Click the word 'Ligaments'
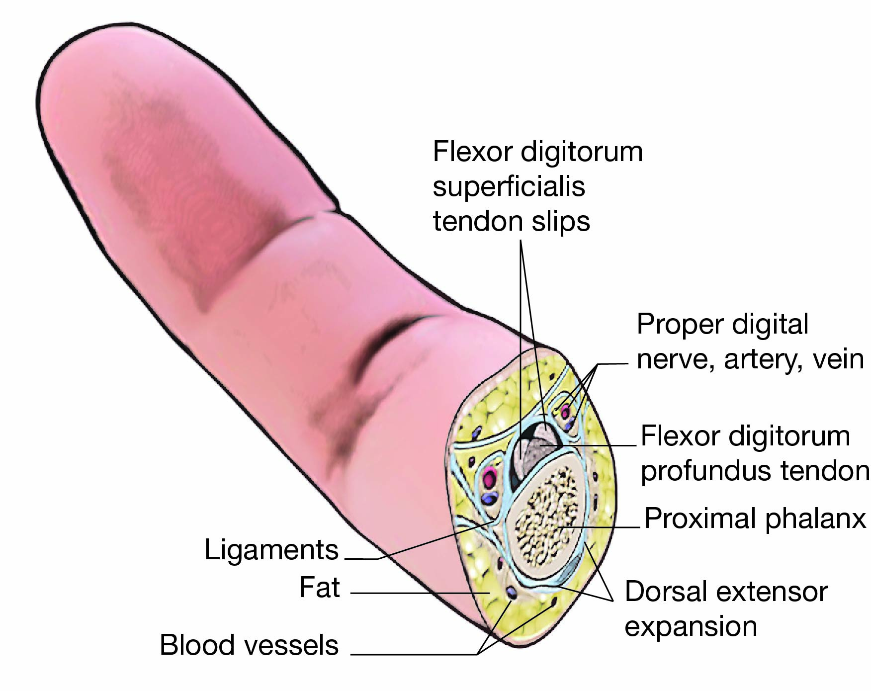tap(271, 550)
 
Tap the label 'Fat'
tap(319, 588)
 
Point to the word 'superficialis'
tap(509, 187)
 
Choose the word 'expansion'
tap(691, 626)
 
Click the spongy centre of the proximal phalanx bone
tap(547, 515)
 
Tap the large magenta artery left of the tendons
tap(490, 479)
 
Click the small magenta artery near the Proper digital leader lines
tap(565, 412)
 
